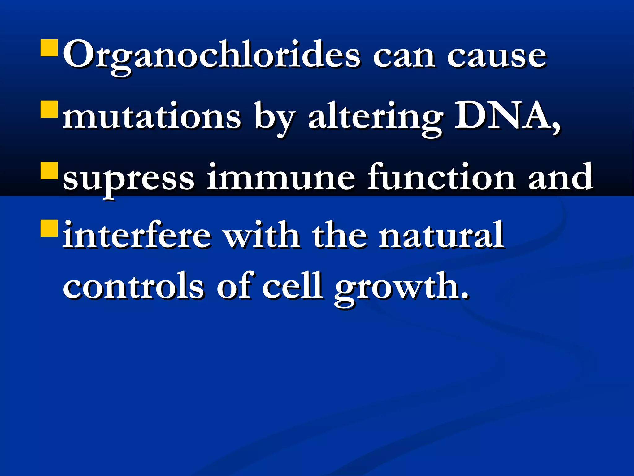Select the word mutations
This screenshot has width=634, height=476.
coord(151,117)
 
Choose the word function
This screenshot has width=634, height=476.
coord(441,177)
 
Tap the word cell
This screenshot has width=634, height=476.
coord(292,286)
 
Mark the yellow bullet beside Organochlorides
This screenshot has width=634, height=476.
coord(49,48)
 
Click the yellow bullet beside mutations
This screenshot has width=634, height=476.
coord(49,109)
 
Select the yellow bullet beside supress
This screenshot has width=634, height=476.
coord(49,171)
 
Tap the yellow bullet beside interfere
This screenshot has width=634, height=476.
coord(49,228)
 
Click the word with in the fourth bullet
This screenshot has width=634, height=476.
coord(262,235)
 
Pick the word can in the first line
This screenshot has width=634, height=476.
coord(404,57)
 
